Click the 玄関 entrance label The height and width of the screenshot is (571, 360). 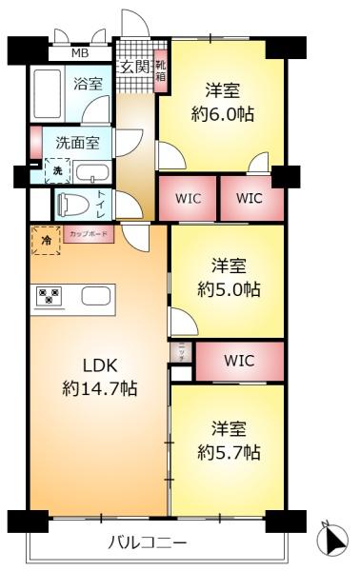(134, 67)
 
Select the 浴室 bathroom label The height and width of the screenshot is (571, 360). (88, 84)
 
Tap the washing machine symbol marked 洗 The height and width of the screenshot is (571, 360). (56, 171)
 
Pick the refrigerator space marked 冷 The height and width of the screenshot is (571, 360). (46, 241)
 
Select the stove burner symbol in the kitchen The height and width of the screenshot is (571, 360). (47, 296)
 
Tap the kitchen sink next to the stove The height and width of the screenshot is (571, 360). (94, 296)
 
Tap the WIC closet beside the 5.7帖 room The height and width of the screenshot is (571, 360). (239, 361)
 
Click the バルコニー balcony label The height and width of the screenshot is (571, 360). (146, 543)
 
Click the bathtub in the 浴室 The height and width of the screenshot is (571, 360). (47, 95)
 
